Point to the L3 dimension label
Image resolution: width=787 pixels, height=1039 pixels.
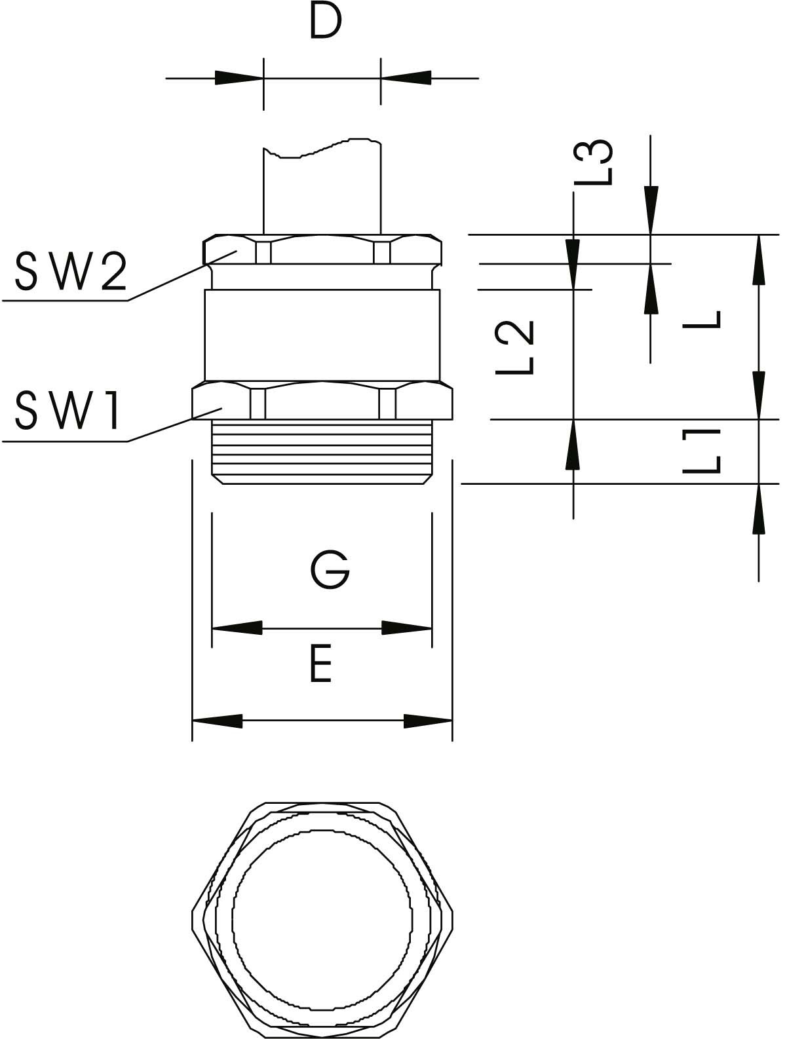(593, 162)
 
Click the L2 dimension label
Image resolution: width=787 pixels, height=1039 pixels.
(514, 347)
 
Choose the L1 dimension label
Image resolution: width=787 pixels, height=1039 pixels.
(701, 451)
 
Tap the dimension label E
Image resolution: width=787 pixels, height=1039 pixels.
(320, 663)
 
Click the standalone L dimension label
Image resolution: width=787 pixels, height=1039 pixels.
(701, 319)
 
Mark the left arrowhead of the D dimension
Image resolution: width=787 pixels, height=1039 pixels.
(239, 78)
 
